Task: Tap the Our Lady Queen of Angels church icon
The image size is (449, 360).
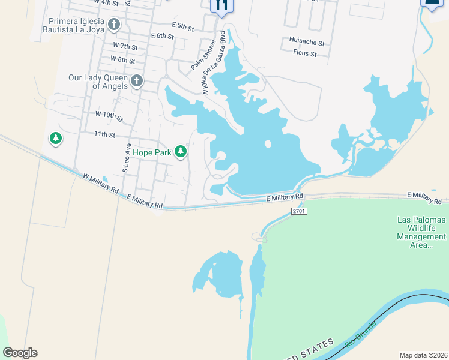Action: pos(137,81)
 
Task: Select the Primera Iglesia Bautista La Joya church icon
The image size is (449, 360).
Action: pos(114,25)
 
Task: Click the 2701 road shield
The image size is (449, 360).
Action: pos(298,211)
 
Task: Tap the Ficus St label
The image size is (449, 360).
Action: pos(306,53)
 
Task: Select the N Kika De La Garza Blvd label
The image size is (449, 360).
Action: pos(214,62)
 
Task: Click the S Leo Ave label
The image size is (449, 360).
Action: pos(127,158)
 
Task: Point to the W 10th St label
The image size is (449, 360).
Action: pos(109,114)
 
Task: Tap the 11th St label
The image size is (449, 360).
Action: pos(104,135)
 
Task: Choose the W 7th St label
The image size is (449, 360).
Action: pos(125,46)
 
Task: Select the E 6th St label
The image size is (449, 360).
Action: pos(162,36)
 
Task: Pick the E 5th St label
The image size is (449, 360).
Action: pos(182,27)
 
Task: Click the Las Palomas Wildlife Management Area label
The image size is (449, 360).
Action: pos(421,232)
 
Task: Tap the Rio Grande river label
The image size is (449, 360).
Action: pos(360,335)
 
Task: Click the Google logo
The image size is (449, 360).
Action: pos(20,353)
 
